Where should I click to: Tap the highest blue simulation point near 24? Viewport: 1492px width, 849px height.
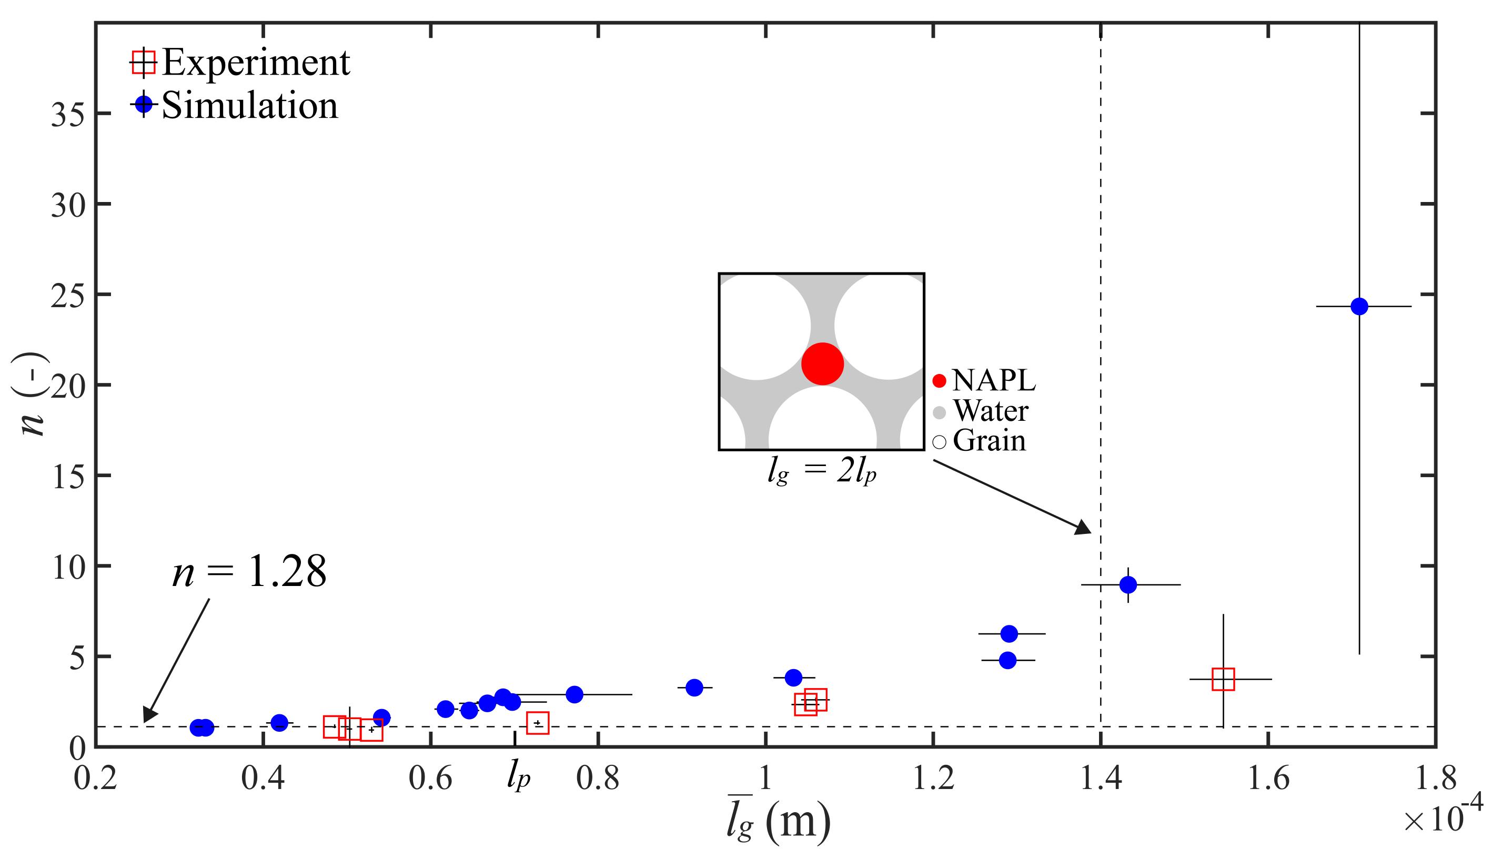point(1359,306)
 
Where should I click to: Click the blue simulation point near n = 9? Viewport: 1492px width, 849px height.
point(1128,584)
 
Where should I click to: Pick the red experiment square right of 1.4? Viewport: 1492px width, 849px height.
point(1223,679)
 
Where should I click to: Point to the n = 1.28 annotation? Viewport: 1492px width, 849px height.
point(249,572)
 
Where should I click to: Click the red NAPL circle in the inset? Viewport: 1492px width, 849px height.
point(822,364)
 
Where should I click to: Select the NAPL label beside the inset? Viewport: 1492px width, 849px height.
point(993,381)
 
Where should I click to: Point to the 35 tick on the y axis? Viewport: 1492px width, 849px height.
point(66,114)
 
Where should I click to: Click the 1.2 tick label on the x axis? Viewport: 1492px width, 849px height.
point(933,780)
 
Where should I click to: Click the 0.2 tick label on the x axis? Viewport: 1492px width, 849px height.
point(95,780)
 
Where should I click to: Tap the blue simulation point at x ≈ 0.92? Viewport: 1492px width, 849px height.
point(694,688)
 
